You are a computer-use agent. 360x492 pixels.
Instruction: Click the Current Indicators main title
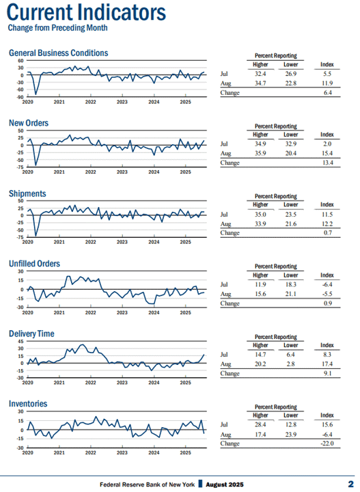(86, 12)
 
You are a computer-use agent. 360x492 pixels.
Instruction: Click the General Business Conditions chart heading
(58, 53)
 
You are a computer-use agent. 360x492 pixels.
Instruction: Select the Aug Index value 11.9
(327, 83)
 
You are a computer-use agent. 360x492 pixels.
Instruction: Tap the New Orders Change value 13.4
(328, 163)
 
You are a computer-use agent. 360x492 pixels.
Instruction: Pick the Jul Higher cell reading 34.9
(260, 144)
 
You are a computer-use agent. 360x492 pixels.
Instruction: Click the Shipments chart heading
(27, 193)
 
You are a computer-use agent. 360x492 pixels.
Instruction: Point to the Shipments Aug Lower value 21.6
(291, 224)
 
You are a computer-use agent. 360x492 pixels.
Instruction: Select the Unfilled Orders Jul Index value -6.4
(327, 284)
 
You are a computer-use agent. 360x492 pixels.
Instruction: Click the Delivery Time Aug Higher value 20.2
(260, 364)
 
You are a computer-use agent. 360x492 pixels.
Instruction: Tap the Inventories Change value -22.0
(327, 443)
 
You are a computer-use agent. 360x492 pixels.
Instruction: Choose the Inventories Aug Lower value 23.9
(291, 435)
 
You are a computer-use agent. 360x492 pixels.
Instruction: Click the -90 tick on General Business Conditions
(20, 97)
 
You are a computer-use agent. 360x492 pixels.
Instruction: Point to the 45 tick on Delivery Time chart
(20, 342)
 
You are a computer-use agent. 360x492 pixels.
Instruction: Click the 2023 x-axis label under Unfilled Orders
(122, 312)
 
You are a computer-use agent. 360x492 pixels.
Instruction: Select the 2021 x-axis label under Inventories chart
(59, 452)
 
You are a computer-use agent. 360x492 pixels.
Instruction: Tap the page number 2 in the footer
(350, 484)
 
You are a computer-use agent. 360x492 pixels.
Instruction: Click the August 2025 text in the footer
(225, 484)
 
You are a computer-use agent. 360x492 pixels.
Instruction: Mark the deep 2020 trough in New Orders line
(36, 165)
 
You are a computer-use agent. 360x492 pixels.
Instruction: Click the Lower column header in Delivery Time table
(291, 345)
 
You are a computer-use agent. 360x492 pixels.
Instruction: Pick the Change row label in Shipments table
(230, 233)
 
